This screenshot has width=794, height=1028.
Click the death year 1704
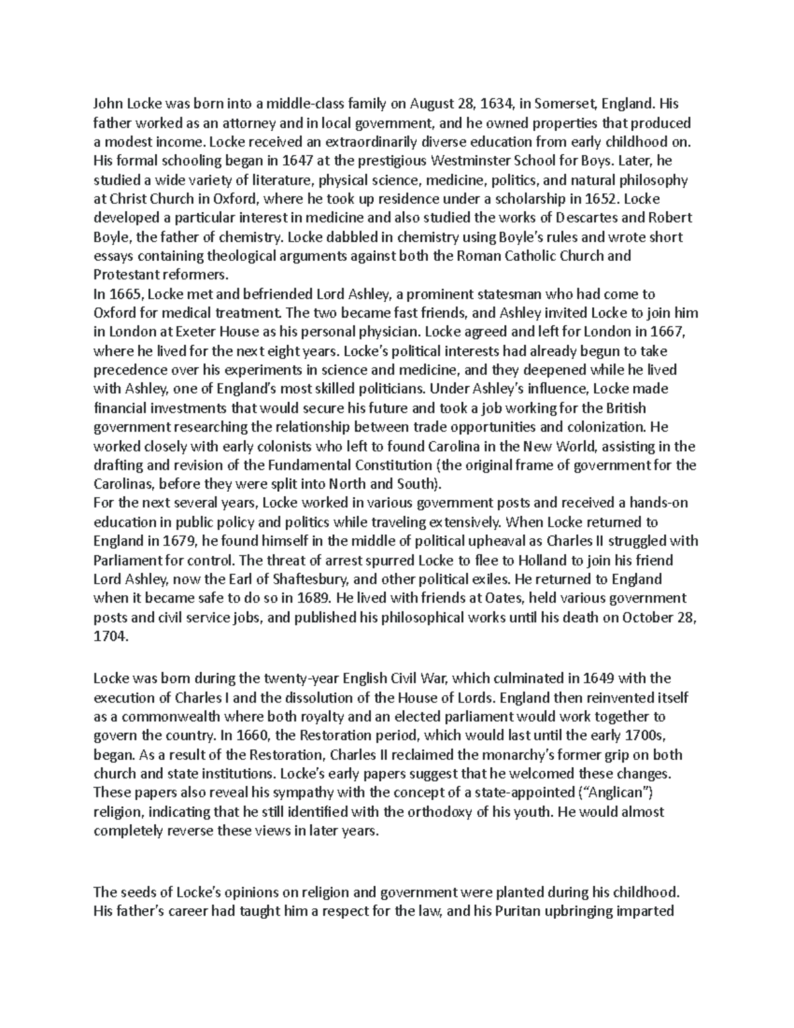[x=110, y=637]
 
